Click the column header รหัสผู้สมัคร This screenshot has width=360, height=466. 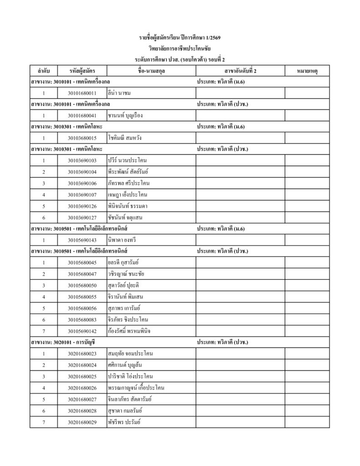[82, 71]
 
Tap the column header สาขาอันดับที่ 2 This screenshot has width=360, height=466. [240, 71]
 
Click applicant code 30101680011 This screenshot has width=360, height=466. [82, 93]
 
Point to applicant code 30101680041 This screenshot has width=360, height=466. [82, 116]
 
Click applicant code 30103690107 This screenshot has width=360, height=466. [82, 195]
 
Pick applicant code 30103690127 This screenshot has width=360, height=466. [82, 217]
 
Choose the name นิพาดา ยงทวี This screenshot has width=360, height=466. [120, 240]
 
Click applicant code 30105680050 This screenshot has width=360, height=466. [82, 285]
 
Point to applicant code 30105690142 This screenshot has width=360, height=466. [82, 331]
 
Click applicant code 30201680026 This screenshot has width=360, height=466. [82, 388]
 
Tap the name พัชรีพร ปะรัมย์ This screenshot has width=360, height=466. [124, 422]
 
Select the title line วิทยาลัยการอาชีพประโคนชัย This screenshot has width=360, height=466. [180, 48]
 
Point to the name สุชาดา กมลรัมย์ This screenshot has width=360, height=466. [124, 410]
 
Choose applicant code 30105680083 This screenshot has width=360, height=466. [82, 319]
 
